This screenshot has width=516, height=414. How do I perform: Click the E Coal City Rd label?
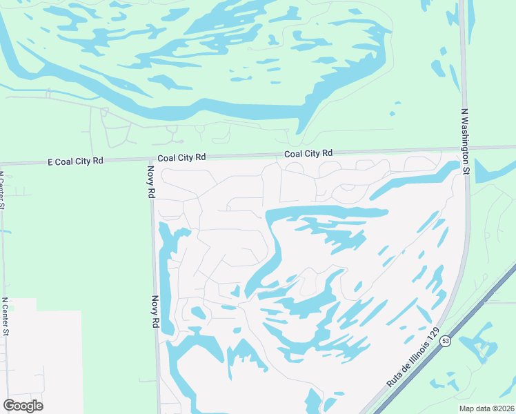click(75, 161)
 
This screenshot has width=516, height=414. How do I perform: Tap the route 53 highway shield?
click(446, 341)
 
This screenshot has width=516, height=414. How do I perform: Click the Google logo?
click(23, 406)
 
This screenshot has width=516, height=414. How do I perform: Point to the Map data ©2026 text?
click(487, 408)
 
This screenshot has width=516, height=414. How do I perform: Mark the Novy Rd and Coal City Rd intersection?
click(152, 161)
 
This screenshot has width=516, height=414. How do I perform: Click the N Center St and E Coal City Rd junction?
click(2, 164)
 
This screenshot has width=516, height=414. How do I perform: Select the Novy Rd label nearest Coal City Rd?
click(151, 182)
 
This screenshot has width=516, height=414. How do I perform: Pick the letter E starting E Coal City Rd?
click(50, 161)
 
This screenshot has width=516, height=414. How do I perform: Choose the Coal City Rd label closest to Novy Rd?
click(181, 157)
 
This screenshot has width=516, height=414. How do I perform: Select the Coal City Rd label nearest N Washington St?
click(309, 153)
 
